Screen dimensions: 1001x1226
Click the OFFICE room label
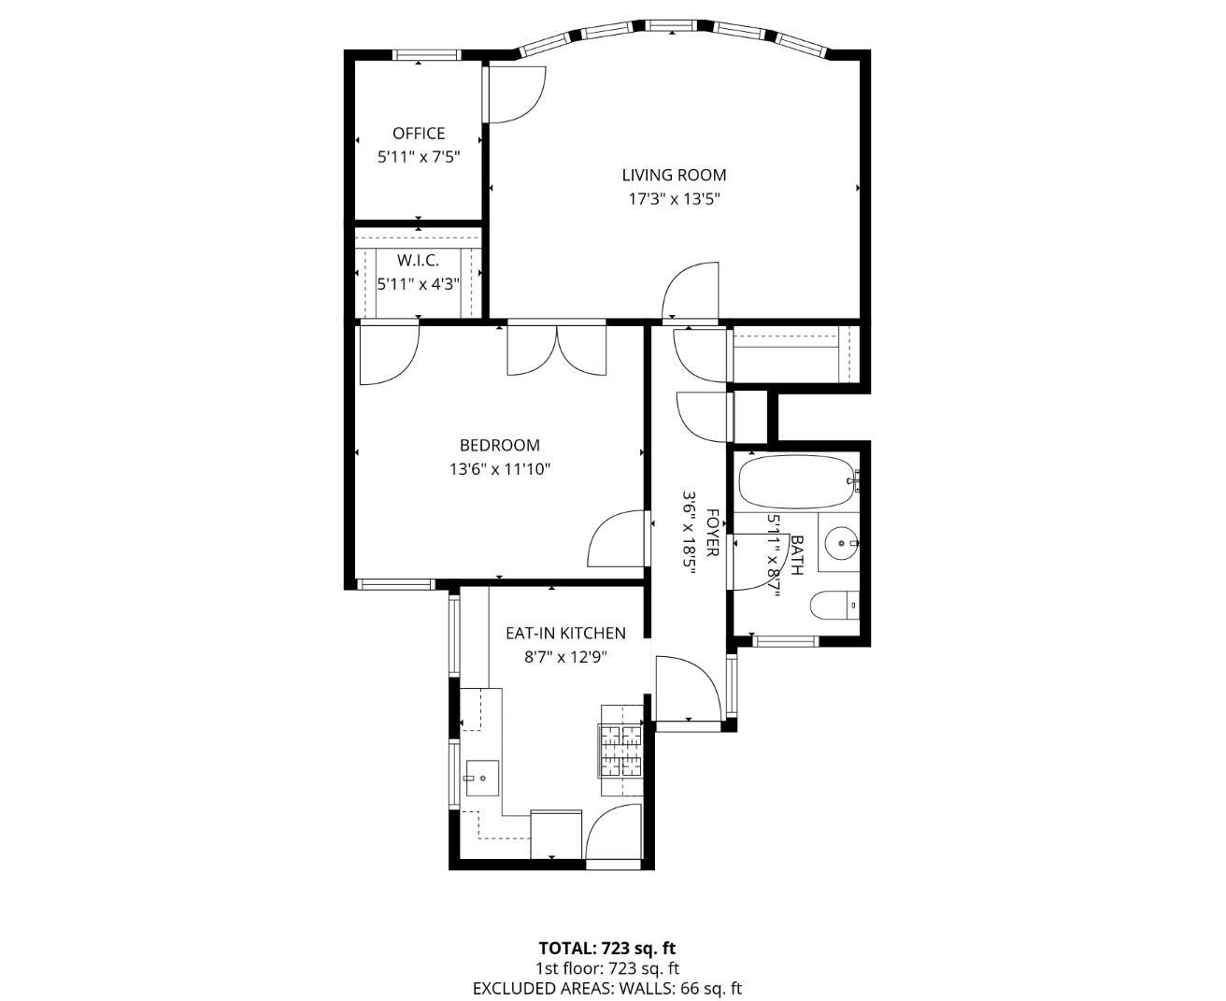click(418, 134)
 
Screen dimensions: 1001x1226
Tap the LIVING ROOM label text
click(674, 175)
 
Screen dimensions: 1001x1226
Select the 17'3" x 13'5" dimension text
click(674, 199)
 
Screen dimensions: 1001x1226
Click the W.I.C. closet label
click(418, 261)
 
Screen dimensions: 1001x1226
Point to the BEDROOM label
click(499, 446)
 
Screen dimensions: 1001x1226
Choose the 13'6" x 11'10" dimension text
click(499, 469)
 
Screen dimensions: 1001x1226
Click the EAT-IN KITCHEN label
click(565, 634)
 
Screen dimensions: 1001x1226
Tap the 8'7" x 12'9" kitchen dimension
click(565, 657)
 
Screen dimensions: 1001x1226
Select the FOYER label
click(712, 533)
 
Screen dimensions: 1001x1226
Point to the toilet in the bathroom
click(834, 607)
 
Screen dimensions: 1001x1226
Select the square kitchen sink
click(481, 778)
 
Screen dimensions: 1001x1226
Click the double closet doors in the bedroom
click(557, 350)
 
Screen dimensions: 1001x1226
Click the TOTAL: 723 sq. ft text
click(606, 948)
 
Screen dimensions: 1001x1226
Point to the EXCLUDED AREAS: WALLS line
click(606, 988)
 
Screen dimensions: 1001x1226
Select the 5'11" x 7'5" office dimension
click(418, 157)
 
